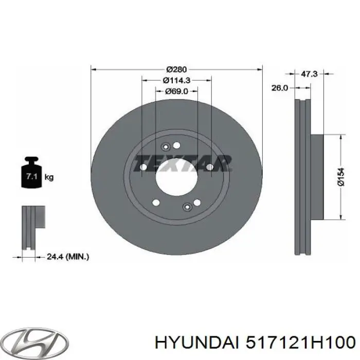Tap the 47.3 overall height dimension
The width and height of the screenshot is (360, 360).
point(309,75)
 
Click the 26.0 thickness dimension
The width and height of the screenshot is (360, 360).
point(279,88)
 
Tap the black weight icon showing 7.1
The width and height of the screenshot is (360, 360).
point(30,175)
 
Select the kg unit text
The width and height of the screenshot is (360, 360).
point(49,177)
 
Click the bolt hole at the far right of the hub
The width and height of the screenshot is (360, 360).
point(210,167)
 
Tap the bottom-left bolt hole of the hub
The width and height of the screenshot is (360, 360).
point(156,202)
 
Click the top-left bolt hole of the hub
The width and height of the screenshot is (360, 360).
point(165,146)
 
